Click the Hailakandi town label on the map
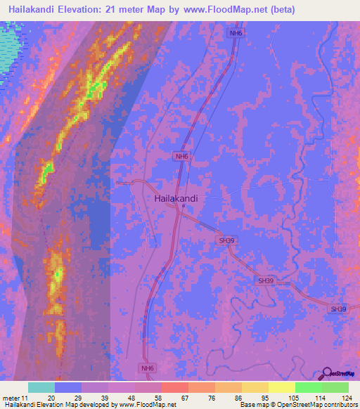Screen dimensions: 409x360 176,198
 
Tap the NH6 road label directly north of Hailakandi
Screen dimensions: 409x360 181,157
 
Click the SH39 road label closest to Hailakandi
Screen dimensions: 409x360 226,240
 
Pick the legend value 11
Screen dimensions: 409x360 25,398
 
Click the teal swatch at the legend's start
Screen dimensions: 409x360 41,387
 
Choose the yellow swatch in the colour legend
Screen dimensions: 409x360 282,387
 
